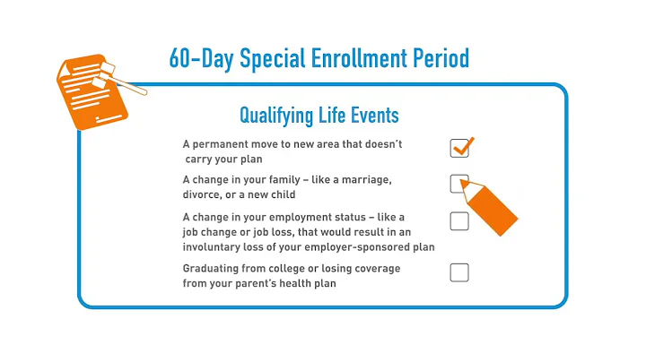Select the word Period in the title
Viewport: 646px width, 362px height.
pyautogui.click(x=436, y=59)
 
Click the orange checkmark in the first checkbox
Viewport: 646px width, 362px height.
pyautogui.click(x=461, y=145)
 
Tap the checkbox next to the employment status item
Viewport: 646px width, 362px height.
pyautogui.click(x=459, y=221)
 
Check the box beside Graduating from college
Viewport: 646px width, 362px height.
pyautogui.click(x=459, y=272)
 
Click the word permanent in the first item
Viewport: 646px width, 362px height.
pyautogui.click(x=222, y=144)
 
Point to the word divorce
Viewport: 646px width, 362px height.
pyautogui.click(x=204, y=194)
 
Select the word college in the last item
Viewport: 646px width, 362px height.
pyautogui.click(x=296, y=269)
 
